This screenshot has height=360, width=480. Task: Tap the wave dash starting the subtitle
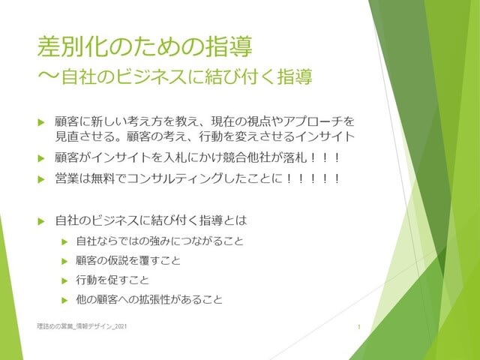point(48,76)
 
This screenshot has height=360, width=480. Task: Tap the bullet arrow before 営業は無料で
point(41,179)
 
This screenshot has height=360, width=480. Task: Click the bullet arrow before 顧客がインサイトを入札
point(41,158)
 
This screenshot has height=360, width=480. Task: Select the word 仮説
point(118,260)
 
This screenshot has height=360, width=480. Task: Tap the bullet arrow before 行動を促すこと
point(64,280)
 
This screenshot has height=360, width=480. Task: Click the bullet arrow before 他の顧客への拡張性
point(64,300)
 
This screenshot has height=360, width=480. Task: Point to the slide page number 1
point(359,327)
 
